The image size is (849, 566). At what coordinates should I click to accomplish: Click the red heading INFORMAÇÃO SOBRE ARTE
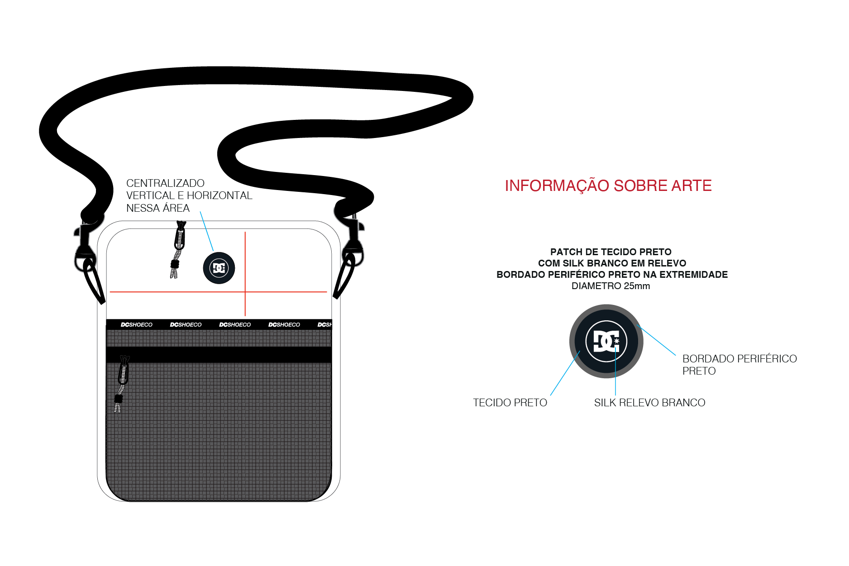click(608, 185)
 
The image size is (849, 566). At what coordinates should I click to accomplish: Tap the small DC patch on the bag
click(219, 268)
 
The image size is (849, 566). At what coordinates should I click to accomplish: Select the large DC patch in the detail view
click(606, 341)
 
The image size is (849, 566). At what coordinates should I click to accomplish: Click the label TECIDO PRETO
click(510, 403)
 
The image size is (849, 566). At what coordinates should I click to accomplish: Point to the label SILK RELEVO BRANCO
click(649, 403)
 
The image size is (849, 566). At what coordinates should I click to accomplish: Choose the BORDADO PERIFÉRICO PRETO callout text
click(739, 365)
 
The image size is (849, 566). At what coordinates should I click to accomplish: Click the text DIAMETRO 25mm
click(611, 286)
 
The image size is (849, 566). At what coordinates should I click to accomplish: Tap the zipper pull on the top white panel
click(178, 249)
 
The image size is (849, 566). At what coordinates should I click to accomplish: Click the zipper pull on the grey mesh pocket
click(121, 384)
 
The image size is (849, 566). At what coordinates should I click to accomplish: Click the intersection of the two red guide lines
click(245, 292)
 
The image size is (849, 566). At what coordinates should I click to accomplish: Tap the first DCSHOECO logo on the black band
click(137, 324)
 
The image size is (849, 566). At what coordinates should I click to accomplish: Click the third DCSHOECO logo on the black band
click(235, 324)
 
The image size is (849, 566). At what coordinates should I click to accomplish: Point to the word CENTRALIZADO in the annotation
click(165, 183)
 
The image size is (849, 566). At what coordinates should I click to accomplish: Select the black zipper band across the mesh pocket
click(219, 355)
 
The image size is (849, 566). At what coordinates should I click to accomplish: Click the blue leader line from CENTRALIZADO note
click(207, 231)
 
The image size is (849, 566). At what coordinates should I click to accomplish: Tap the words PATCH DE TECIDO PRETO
click(611, 252)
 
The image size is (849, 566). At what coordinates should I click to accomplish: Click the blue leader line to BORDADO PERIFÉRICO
click(656, 340)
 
